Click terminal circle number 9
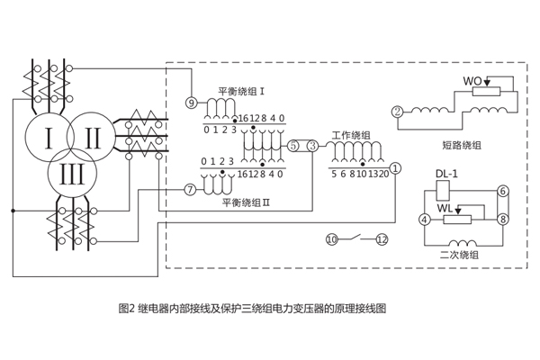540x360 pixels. (x=190, y=102)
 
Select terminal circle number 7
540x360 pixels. (x=189, y=190)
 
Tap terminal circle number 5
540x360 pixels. (x=294, y=146)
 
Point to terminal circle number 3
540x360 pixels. (x=312, y=146)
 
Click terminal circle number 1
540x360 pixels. (x=396, y=167)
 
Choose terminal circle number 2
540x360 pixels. (x=397, y=112)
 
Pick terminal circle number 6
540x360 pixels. (x=503, y=191)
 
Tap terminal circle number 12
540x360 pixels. (x=382, y=239)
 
